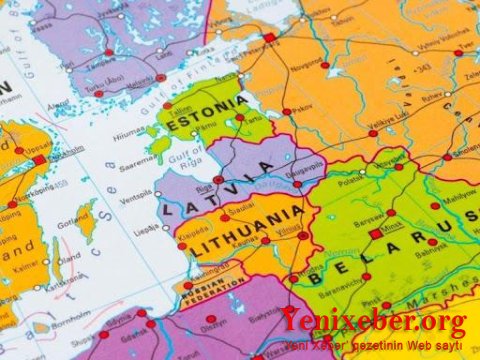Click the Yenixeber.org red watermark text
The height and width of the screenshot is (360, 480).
point(372,321)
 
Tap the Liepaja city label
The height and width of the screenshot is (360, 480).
point(147,229)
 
